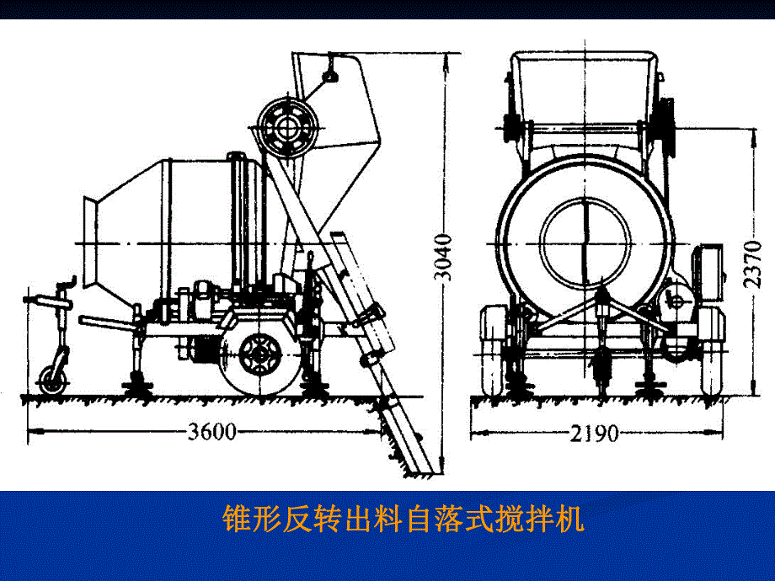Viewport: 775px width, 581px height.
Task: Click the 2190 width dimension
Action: point(594,433)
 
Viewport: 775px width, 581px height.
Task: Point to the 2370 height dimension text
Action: point(755,263)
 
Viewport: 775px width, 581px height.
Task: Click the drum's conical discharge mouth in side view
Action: point(99,244)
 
